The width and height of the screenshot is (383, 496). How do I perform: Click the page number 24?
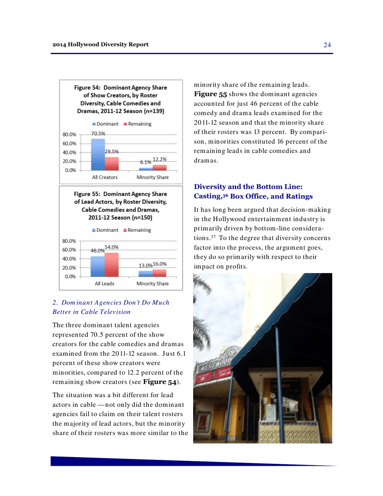[x=327, y=45]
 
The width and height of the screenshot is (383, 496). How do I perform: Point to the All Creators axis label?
[x=105, y=177]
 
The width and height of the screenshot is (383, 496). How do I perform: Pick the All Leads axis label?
[x=104, y=283]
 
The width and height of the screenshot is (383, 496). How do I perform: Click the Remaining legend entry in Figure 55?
[x=137, y=230]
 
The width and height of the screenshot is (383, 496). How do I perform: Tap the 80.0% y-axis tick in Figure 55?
[x=70, y=241]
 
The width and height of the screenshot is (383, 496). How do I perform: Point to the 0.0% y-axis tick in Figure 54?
[x=71, y=170]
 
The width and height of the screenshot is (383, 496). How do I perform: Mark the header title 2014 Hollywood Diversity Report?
[x=100, y=44]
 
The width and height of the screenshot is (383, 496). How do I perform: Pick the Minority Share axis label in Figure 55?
[x=152, y=283]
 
